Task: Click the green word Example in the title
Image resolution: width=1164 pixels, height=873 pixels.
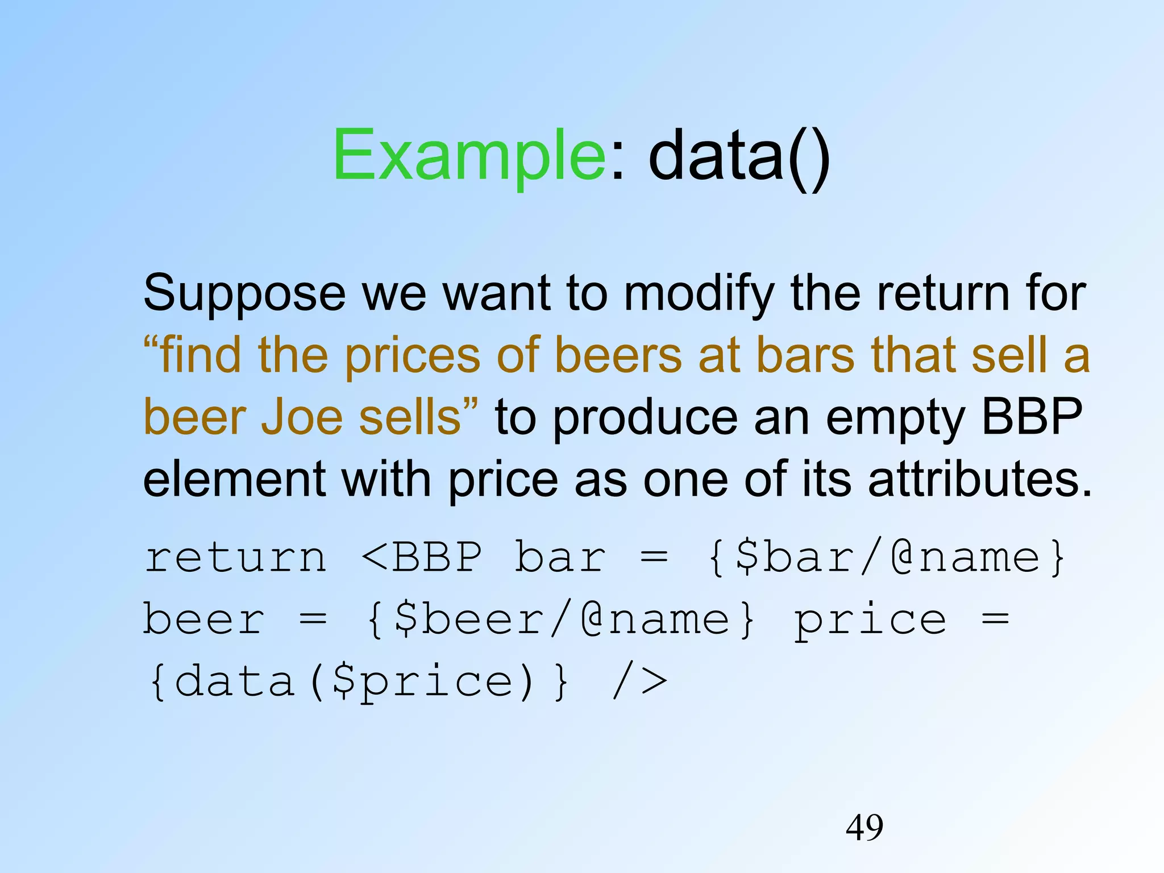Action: [469, 156]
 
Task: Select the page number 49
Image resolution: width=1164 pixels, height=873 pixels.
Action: [864, 828]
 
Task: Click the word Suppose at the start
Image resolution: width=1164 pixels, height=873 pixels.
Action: [244, 294]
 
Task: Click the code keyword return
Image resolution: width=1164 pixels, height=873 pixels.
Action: [236, 558]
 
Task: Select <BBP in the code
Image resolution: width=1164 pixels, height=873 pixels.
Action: [422, 558]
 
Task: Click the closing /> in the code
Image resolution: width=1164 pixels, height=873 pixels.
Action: [639, 682]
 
